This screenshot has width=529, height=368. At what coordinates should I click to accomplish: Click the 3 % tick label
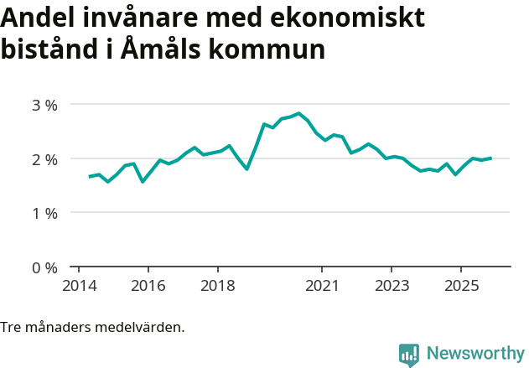(x=44, y=105)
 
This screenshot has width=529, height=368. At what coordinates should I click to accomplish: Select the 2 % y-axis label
(x=44, y=159)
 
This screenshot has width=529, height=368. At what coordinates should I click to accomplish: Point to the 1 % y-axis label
(x=44, y=213)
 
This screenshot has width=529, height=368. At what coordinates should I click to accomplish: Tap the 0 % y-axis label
(x=44, y=267)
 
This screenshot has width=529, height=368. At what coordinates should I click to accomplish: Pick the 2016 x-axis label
(x=148, y=286)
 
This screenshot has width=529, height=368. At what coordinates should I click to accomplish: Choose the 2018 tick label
(x=217, y=286)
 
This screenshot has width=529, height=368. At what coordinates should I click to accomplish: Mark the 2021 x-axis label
(x=322, y=286)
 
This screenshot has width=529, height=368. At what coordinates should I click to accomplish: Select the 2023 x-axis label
(x=392, y=286)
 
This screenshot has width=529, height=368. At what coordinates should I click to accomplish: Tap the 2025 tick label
(x=461, y=286)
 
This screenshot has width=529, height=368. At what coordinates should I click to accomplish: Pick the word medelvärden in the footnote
(x=143, y=327)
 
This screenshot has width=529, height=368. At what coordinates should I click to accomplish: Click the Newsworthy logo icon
(x=409, y=354)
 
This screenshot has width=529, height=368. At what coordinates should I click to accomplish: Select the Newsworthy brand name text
(x=475, y=354)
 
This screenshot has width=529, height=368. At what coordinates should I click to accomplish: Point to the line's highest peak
(x=298, y=113)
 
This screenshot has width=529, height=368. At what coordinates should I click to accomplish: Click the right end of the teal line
(x=490, y=158)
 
